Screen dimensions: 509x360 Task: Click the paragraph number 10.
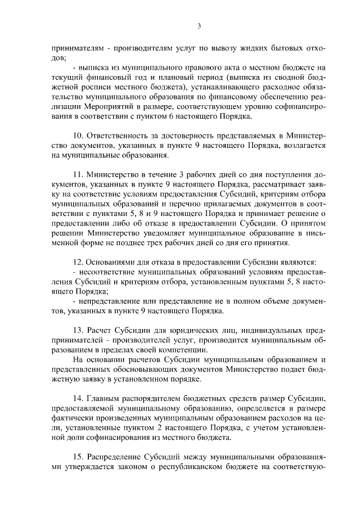[78, 136]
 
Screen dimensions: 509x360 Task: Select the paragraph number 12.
[78, 263]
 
